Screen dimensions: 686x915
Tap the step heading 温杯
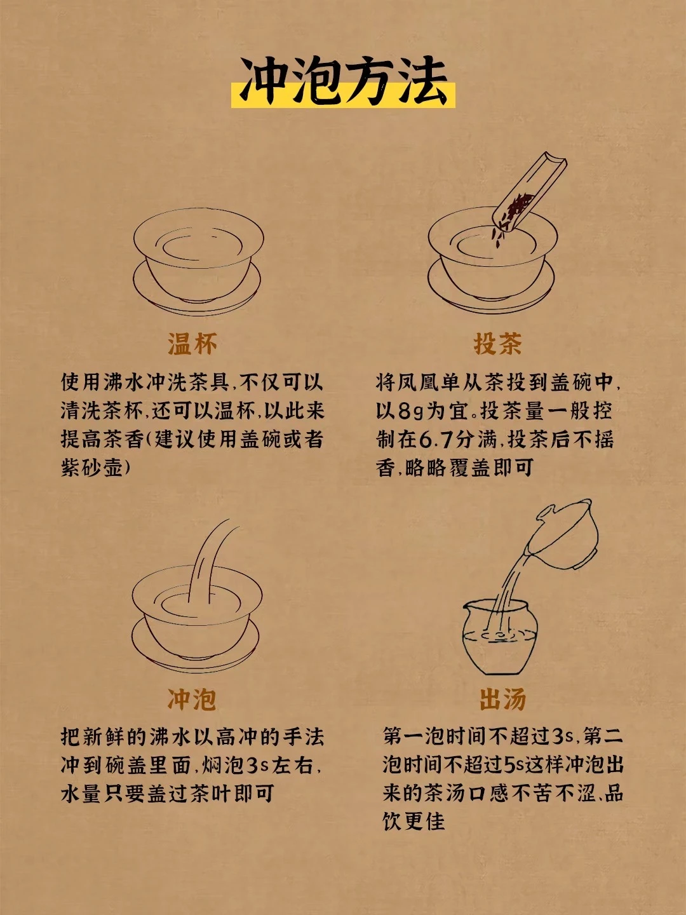click(x=192, y=344)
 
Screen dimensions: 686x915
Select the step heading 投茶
click(x=498, y=344)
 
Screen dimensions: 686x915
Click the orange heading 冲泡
click(x=192, y=699)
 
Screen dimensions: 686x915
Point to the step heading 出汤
click(x=502, y=699)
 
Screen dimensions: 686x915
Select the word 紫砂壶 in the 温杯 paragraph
click(x=92, y=467)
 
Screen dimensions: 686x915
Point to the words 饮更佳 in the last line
click(x=414, y=821)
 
